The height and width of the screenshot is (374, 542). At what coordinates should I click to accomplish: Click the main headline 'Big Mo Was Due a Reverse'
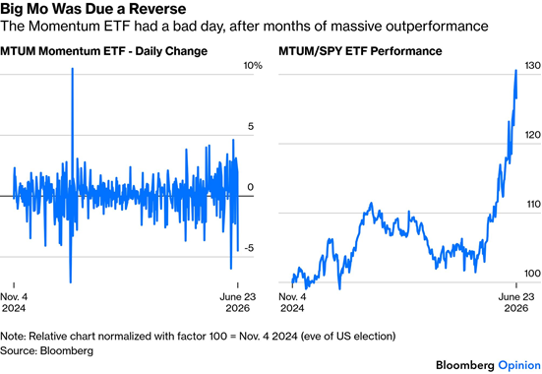coord(93,9)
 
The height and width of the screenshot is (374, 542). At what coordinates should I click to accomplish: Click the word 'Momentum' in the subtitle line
coord(63,26)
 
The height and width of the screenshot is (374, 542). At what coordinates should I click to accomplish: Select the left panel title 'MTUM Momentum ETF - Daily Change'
coord(103,51)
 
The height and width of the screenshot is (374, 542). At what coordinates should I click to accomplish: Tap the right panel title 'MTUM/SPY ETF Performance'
coord(360,51)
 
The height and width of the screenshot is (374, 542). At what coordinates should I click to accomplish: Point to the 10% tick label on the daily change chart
coord(253,65)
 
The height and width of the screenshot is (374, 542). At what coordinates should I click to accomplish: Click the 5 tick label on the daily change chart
coord(250,126)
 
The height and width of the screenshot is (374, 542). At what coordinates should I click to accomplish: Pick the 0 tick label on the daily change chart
coord(250,187)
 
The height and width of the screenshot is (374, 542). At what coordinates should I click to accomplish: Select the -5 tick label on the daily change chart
coord(249,248)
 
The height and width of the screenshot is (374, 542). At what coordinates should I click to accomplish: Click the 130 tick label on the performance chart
coord(532,65)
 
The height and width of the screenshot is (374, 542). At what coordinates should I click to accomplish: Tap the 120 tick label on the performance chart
coord(532,135)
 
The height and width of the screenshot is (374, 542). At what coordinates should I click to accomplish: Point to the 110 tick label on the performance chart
coord(532,204)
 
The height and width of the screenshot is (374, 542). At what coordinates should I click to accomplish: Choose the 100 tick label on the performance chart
coord(532,274)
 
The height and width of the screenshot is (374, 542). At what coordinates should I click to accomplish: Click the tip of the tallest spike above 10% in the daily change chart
coord(73,69)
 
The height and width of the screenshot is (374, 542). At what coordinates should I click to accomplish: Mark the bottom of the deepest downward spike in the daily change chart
coord(71,282)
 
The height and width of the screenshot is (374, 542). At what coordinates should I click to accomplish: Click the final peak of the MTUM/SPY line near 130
coord(516,70)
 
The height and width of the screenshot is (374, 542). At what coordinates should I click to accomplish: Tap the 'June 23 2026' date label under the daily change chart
coord(238,302)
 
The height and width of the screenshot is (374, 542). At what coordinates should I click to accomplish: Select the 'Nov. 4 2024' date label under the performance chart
coord(292,302)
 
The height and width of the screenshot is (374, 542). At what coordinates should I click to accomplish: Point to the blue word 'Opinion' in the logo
coord(519,366)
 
